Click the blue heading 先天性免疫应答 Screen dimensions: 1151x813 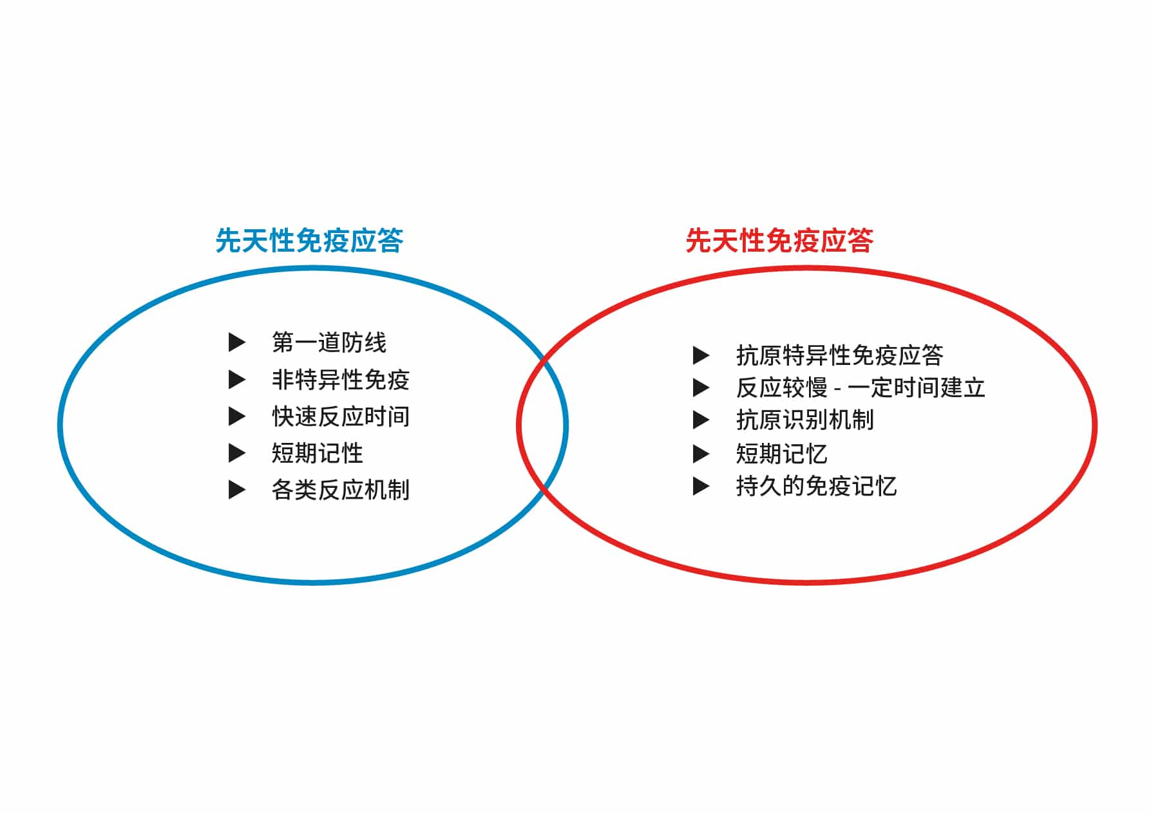(x=309, y=241)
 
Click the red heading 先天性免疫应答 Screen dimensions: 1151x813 (x=779, y=241)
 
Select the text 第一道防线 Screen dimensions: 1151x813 (x=329, y=342)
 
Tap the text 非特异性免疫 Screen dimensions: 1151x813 (x=341, y=380)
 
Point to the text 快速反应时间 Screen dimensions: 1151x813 (x=341, y=416)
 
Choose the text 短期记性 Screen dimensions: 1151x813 (x=318, y=453)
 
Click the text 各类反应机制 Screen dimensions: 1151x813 (x=341, y=490)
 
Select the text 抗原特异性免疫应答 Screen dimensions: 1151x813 (x=840, y=355)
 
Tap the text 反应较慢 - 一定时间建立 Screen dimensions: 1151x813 (x=861, y=388)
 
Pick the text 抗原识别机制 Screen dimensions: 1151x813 (x=805, y=420)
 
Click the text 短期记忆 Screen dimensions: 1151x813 (x=782, y=454)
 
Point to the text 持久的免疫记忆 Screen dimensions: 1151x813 (x=817, y=486)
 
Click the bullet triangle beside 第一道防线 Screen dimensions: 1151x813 (x=237, y=342)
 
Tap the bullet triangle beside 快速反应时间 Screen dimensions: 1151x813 (x=237, y=416)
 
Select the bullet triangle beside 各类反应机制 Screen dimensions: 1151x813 (x=237, y=490)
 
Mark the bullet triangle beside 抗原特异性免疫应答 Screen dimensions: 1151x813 (x=701, y=355)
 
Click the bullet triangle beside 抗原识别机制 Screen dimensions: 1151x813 (x=701, y=420)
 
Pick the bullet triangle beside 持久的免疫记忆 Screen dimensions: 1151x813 (x=701, y=486)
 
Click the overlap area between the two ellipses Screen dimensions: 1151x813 (x=542, y=425)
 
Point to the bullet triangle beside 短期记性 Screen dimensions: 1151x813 (x=237, y=453)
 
